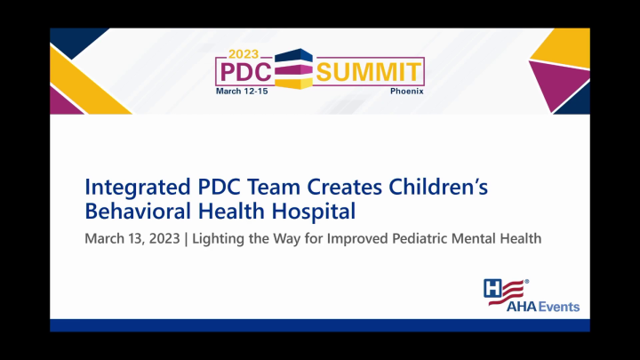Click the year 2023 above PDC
pos(244,54)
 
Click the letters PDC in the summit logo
pos(244,72)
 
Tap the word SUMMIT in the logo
pos(369,72)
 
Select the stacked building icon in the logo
pos(294,70)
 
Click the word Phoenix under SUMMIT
pos(407,91)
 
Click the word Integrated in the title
pos(133,188)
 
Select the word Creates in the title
pos(342,188)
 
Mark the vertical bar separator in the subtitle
pos(187,238)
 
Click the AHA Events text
pos(543,307)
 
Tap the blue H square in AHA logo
pos(492,287)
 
